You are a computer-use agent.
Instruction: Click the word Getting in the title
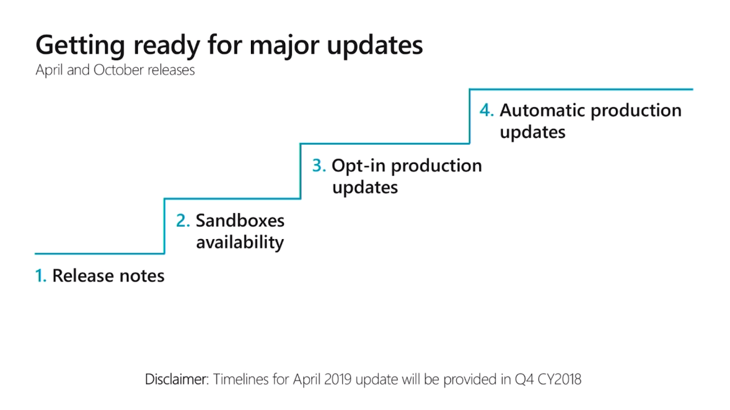pyautogui.click(x=80, y=46)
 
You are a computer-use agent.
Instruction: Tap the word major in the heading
pyautogui.click(x=284, y=46)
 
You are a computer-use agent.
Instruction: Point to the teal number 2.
pyautogui.click(x=182, y=220)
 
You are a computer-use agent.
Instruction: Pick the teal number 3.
pyautogui.click(x=319, y=165)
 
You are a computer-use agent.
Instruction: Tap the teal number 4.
pyautogui.click(x=486, y=110)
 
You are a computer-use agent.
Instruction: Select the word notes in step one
pyautogui.click(x=142, y=276)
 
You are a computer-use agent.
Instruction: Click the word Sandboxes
pyautogui.click(x=240, y=220)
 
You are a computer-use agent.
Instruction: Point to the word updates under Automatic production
pyautogui.click(x=532, y=133)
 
